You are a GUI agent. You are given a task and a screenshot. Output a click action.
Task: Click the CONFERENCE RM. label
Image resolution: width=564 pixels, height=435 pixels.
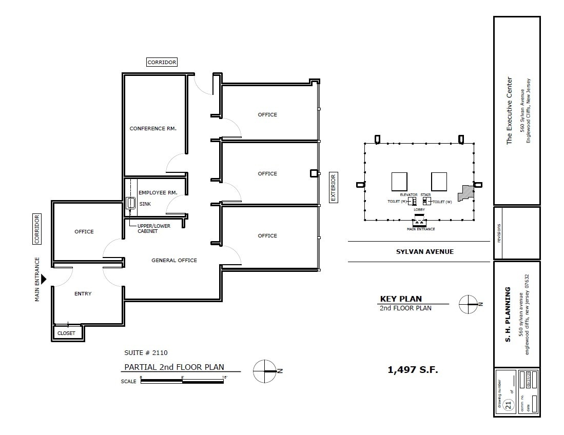pos(153,128)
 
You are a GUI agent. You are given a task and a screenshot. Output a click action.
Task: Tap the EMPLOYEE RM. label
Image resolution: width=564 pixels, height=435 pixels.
pos(158,192)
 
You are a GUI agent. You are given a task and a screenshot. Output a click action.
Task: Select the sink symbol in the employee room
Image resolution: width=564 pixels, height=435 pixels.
pos(130,203)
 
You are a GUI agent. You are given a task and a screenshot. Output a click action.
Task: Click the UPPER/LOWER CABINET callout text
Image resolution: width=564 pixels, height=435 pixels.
pos(153,228)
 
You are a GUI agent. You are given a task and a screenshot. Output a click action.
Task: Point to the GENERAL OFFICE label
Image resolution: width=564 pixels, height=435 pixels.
pos(174,260)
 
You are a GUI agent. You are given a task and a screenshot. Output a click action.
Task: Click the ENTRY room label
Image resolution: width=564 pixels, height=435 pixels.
pos(83,293)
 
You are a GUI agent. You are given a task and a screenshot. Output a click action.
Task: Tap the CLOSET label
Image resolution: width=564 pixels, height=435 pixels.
pos(66,333)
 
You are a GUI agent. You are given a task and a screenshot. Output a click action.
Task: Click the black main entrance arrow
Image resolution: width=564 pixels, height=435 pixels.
pos(44,279)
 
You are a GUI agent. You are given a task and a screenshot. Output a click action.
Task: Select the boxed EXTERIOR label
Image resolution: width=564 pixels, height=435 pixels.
pos(333,187)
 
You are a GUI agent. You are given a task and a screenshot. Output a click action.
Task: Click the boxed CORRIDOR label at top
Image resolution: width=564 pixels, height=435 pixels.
pos(162,62)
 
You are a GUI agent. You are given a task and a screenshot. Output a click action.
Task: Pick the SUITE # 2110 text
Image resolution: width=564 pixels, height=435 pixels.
pos(146,352)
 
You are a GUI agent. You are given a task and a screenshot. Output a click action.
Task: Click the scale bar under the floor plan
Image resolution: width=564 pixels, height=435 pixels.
pos(182,381)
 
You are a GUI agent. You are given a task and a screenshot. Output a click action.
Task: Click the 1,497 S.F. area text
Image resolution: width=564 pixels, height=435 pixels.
pos(413,369)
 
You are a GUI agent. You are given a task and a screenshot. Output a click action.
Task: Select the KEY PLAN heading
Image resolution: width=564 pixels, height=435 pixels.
pos(401,299)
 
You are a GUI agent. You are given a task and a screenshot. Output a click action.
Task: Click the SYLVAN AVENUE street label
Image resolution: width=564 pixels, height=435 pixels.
pos(424,251)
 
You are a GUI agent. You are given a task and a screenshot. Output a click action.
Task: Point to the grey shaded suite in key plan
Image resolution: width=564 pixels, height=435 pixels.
pos(466,192)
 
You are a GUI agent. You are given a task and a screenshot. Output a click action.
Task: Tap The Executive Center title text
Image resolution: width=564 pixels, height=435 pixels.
pos(509,110)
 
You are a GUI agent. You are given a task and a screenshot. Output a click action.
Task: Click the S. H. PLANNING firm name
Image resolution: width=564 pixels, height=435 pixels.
pos(508,314)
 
